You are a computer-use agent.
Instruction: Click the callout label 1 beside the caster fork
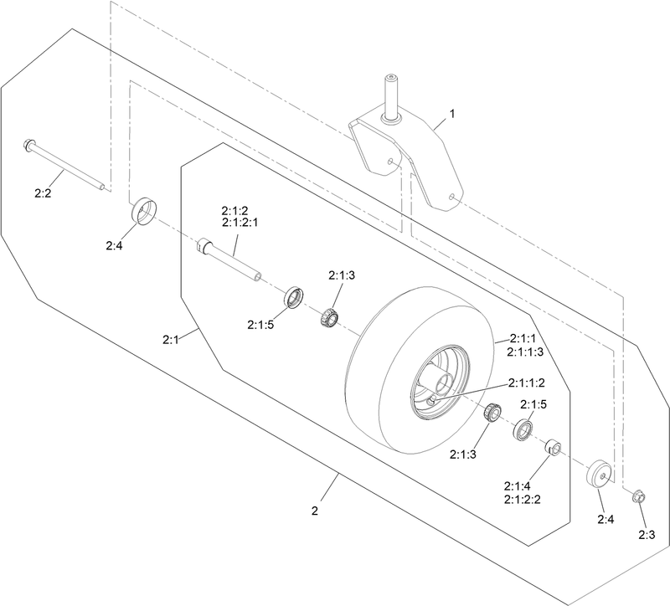pyautogui.click(x=451, y=114)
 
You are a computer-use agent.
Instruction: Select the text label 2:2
pyautogui.click(x=43, y=193)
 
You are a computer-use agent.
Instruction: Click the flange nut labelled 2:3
pyautogui.click(x=639, y=496)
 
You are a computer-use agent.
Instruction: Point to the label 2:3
pyautogui.click(x=647, y=535)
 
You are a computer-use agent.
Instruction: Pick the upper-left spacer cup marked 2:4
pyautogui.click(x=143, y=211)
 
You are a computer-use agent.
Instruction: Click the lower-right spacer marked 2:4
pyautogui.click(x=600, y=474)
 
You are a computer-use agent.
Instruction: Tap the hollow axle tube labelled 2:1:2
pyautogui.click(x=229, y=259)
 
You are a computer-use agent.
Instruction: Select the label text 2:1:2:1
pyautogui.click(x=240, y=223)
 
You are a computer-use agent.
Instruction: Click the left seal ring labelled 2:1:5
pyautogui.click(x=295, y=298)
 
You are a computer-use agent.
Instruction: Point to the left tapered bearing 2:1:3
pyautogui.click(x=329, y=317)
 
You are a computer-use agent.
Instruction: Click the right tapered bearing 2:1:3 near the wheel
pyautogui.click(x=492, y=412)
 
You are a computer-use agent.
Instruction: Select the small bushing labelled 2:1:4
pyautogui.click(x=552, y=449)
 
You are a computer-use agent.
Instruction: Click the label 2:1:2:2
pyautogui.click(x=522, y=499)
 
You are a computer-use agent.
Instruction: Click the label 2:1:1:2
pyautogui.click(x=527, y=383)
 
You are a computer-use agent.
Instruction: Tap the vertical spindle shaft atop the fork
pyautogui.click(x=390, y=98)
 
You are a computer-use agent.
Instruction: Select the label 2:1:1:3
pyautogui.click(x=525, y=352)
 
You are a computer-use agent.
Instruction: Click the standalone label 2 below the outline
pyautogui.click(x=315, y=511)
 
